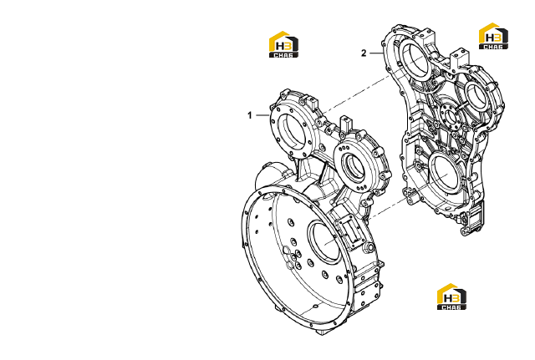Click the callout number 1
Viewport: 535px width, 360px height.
coord(250,115)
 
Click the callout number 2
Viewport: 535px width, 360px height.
coord(364,53)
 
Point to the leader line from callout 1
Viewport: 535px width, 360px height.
coord(262,115)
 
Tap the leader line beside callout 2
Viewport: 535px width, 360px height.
coord(377,53)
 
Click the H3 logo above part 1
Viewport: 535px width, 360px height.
coord(283,44)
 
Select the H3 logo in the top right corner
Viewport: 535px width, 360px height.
coord(493,36)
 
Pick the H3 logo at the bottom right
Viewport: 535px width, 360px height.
coord(451,297)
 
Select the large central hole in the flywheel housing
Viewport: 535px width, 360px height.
coord(324,241)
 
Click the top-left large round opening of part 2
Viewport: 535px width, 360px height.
coord(415,60)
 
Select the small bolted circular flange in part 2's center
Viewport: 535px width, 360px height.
coord(451,117)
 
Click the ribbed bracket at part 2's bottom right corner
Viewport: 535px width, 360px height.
coord(472,218)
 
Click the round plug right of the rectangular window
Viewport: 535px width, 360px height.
coord(369,247)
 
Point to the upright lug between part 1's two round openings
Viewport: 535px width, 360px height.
coord(345,123)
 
